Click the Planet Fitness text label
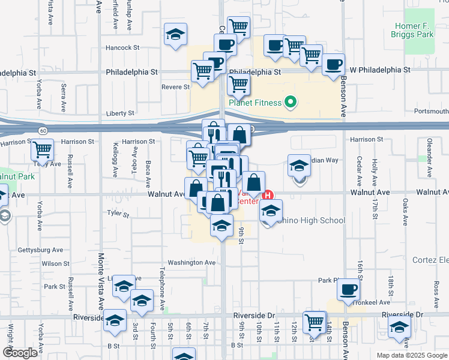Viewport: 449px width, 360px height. tap(255, 103)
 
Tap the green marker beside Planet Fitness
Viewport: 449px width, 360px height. tap(291, 102)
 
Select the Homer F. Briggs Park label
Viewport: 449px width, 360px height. tap(423, 30)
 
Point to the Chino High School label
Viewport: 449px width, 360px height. tap(311, 220)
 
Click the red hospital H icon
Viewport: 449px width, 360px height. tap(269, 195)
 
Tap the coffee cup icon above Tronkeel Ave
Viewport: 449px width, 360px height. tap(347, 290)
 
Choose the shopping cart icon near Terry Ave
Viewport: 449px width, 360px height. tap(42, 149)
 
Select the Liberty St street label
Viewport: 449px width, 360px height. tap(120, 113)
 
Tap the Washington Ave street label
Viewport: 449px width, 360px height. tap(191, 263)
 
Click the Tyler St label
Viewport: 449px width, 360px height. tap(118, 213)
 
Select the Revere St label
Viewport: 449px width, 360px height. tap(176, 87)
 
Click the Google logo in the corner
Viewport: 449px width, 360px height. tap(20, 353)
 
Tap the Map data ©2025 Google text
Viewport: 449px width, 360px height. tap(411, 355)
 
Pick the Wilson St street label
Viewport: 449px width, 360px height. tap(55, 263)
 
